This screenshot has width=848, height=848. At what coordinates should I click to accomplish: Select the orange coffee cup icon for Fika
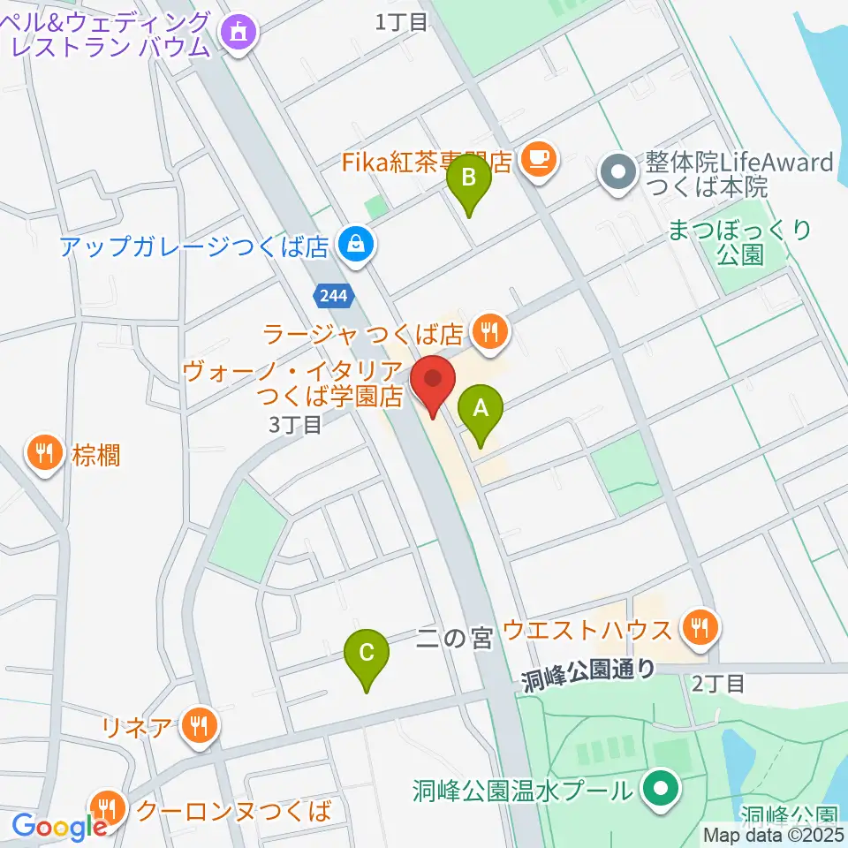click(537, 159)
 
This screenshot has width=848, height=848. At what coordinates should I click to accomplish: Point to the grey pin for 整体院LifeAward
click(617, 170)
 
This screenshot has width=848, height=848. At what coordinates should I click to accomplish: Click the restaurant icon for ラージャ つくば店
click(488, 332)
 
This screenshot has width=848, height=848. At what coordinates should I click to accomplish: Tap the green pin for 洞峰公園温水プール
click(659, 788)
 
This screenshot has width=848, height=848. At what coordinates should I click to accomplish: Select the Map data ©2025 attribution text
click(773, 834)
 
